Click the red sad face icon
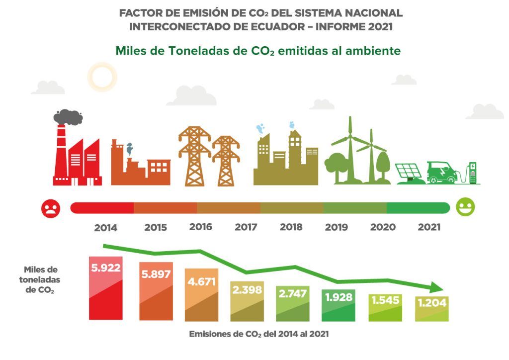(x=51, y=207)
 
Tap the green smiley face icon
(x=465, y=207)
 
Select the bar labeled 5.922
(x=105, y=288)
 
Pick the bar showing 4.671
(x=201, y=296)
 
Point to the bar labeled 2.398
(x=247, y=302)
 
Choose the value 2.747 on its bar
(x=292, y=293)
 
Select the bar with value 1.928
(x=338, y=305)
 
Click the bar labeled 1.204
(x=432, y=309)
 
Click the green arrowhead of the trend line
(x=436, y=287)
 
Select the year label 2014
(x=105, y=228)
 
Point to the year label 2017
(x=246, y=228)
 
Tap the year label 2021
(x=429, y=227)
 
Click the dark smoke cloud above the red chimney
(x=68, y=117)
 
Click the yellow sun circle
(x=102, y=77)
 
